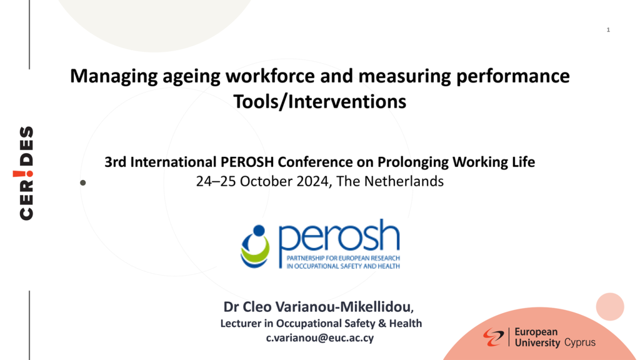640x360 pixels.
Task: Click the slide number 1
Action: (608, 30)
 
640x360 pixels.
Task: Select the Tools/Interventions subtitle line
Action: (319, 101)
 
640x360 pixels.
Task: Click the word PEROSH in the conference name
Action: (247, 162)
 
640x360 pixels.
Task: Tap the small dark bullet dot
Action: (83, 183)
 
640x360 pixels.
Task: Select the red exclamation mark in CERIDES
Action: (23, 174)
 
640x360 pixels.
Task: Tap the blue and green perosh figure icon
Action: (256, 246)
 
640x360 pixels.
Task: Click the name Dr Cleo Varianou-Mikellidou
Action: (318, 306)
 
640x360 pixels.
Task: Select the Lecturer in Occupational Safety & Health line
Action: (321, 323)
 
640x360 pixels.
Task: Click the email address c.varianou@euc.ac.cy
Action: (320, 338)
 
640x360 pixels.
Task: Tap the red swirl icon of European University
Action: (494, 337)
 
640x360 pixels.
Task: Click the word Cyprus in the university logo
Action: (580, 342)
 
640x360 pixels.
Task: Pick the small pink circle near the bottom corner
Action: (610, 306)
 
